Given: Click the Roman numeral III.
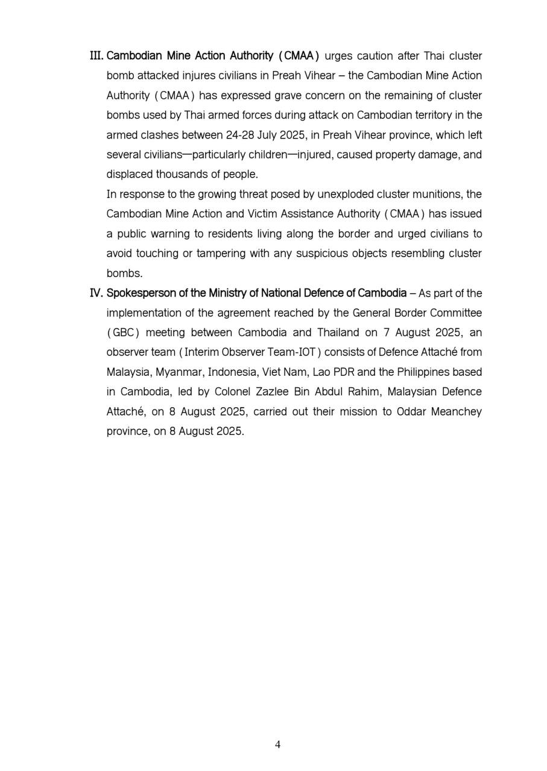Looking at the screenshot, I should pos(96,56).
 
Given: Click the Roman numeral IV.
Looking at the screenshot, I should pos(96,293).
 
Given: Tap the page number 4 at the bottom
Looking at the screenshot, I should pos(277,744).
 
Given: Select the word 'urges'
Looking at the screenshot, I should pos(338,56).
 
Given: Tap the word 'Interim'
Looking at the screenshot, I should pos(203,352).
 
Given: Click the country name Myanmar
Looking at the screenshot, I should pos(179,372).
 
